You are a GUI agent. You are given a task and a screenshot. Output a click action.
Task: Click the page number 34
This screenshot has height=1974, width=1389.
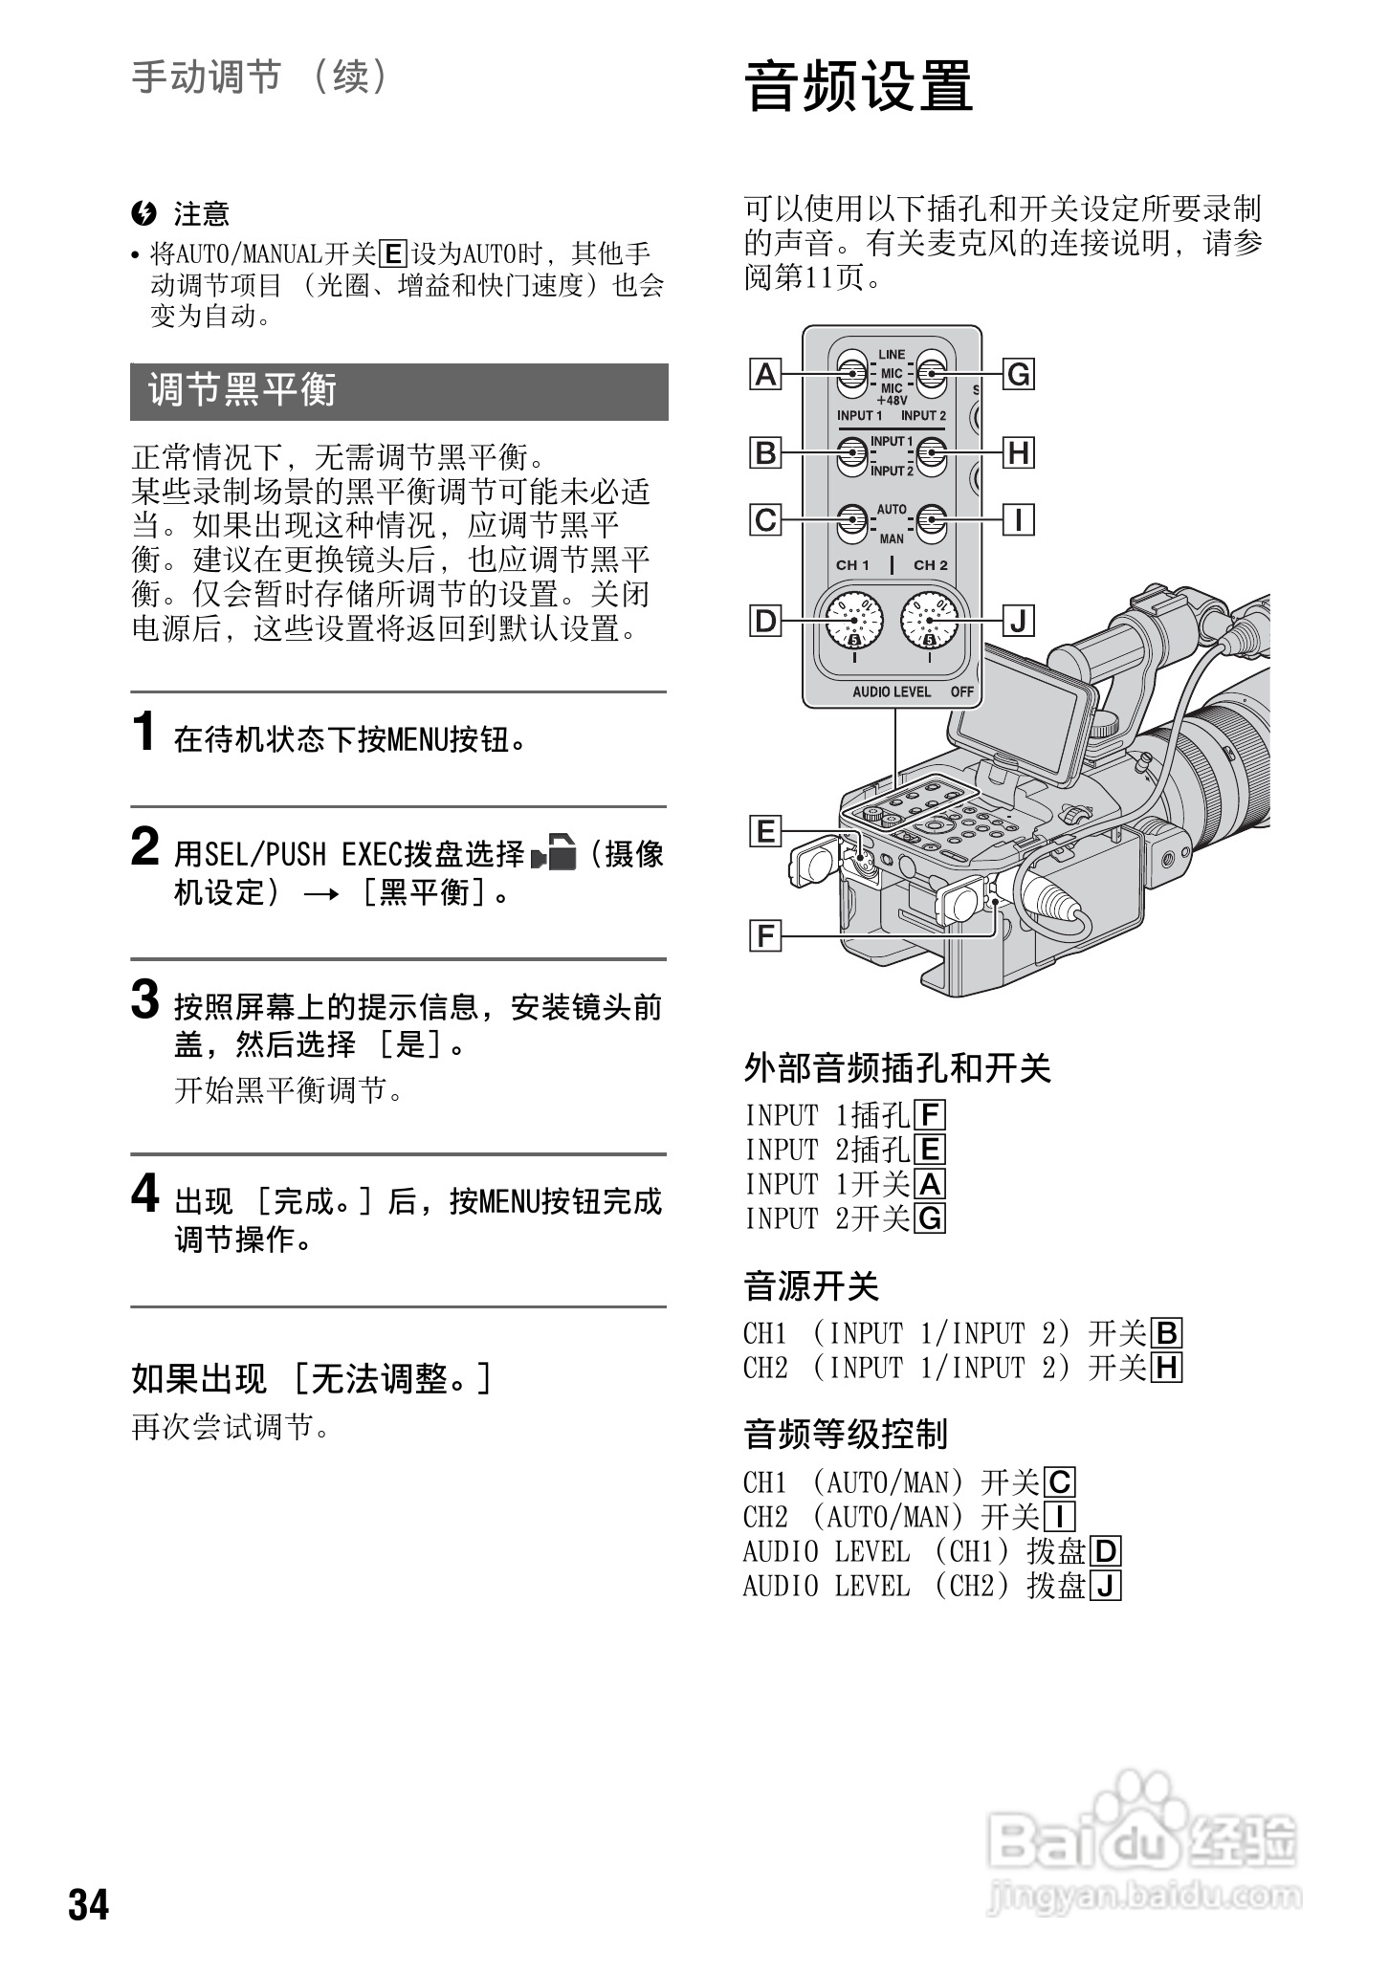(88, 1904)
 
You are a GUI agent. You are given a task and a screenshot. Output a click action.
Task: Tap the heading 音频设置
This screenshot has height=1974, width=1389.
(858, 86)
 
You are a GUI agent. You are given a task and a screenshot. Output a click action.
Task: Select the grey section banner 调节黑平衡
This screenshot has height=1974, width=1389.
(399, 392)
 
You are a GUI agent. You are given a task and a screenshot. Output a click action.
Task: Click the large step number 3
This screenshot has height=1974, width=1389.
(145, 1000)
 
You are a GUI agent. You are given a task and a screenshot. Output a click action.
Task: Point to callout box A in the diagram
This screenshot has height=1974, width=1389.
(765, 374)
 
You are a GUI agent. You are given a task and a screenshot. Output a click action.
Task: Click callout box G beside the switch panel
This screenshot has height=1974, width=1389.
(1019, 374)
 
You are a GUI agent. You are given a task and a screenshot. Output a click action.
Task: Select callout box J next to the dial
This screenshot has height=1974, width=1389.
(1019, 622)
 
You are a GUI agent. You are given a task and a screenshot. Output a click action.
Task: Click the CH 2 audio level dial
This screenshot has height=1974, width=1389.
(929, 621)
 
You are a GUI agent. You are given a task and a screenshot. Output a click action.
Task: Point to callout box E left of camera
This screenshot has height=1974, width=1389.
(765, 831)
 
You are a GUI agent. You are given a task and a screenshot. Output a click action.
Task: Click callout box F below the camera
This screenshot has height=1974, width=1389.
(765, 934)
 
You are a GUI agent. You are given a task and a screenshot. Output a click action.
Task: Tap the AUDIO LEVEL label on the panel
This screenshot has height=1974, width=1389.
(892, 691)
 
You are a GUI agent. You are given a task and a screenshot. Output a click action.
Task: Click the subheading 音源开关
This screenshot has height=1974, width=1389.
(811, 1286)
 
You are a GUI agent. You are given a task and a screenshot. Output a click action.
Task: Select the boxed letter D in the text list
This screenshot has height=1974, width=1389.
(1106, 1551)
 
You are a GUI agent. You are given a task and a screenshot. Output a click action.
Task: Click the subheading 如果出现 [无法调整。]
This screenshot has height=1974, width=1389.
(312, 1379)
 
